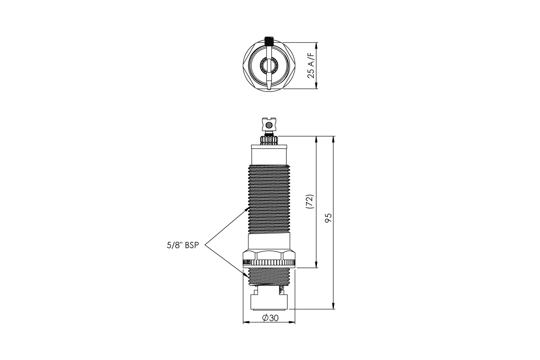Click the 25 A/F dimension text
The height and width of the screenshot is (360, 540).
311,66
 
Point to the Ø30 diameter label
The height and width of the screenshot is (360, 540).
269,318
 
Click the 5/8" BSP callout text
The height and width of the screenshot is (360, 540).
181,245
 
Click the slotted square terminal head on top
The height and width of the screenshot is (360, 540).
269,125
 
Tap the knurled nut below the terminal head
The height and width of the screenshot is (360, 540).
269,140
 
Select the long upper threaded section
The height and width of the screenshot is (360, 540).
269,199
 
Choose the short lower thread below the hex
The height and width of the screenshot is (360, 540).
269,276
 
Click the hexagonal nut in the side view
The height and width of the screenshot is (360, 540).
269,254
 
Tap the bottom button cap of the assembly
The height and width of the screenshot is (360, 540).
269,302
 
